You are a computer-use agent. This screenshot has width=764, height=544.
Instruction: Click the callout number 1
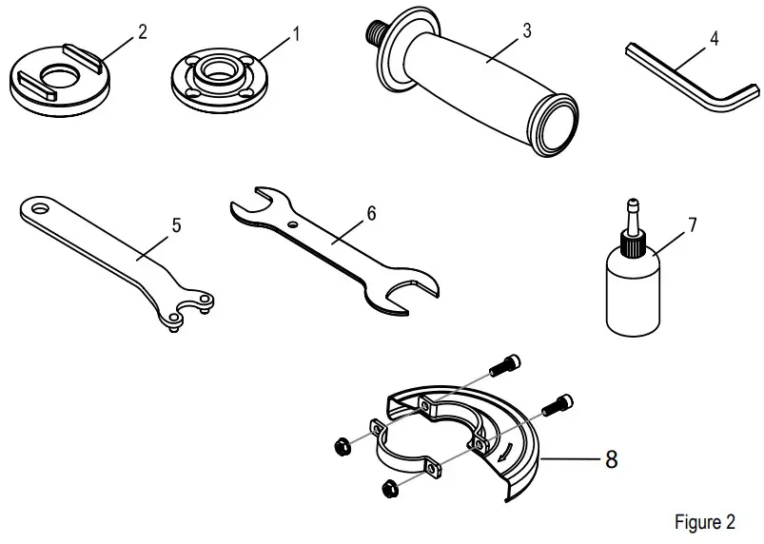(296, 35)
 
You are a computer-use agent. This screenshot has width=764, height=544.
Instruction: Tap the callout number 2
(142, 30)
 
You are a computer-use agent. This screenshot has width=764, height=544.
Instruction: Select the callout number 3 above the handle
(526, 29)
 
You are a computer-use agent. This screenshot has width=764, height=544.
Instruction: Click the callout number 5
(176, 225)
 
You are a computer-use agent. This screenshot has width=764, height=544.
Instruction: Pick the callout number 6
(371, 213)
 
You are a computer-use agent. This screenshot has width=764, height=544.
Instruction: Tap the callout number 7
(692, 225)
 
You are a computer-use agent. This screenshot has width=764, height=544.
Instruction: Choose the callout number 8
(612, 459)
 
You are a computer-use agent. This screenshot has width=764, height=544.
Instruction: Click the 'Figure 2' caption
(704, 522)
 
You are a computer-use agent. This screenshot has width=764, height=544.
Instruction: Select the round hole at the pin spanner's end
(37, 204)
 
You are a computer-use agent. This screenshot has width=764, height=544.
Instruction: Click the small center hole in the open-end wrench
(297, 223)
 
